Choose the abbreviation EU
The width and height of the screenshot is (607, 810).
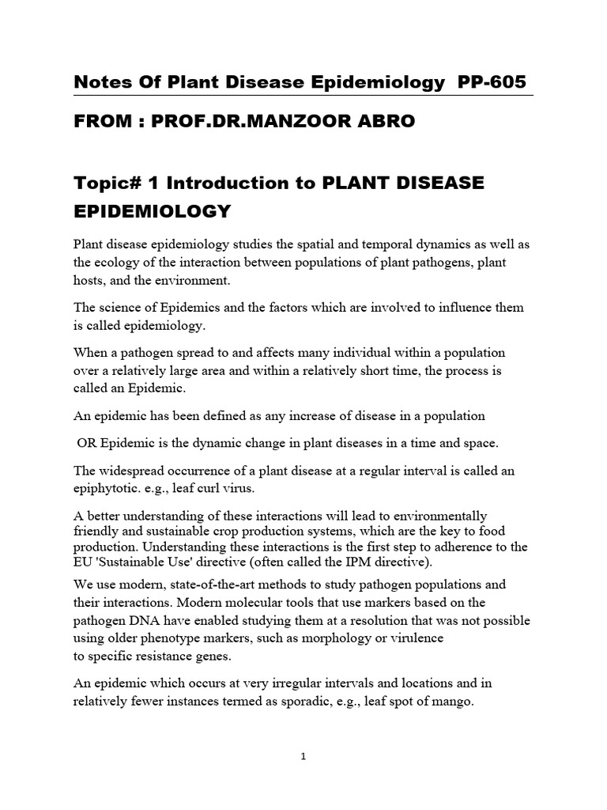click(x=84, y=562)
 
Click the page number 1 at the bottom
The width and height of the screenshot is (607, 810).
click(x=303, y=756)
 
